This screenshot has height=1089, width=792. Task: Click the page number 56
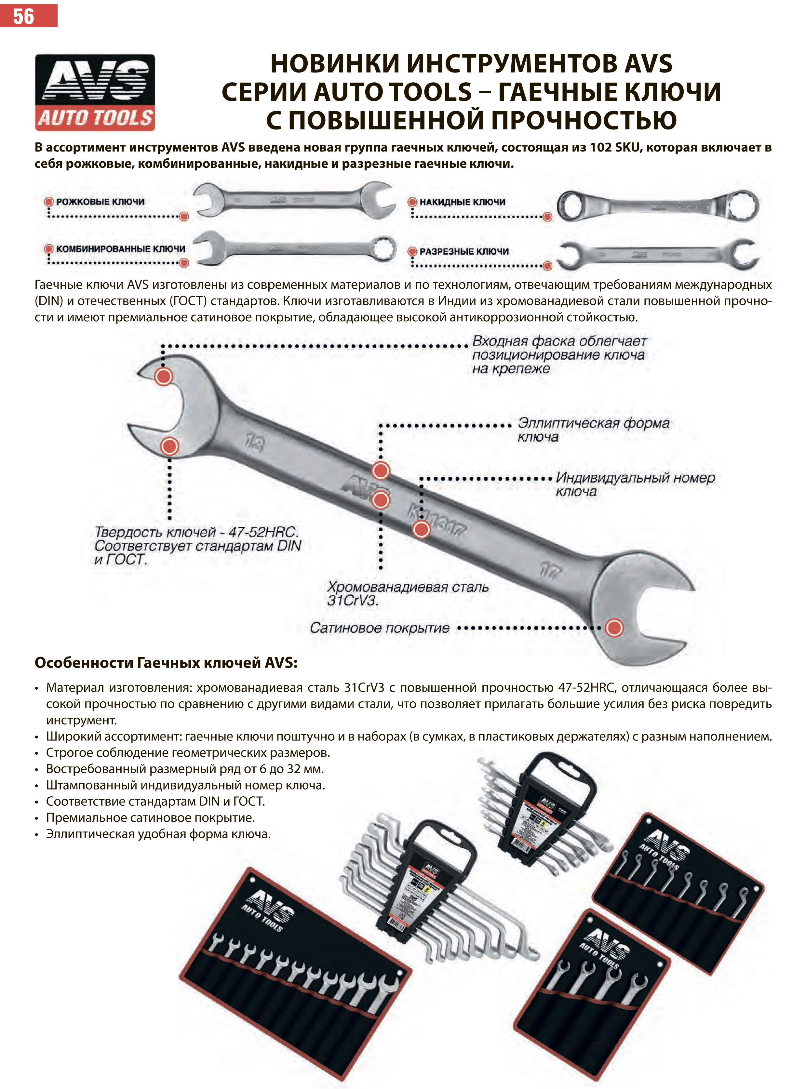tap(23, 16)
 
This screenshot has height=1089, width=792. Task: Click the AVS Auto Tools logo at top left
tap(95, 92)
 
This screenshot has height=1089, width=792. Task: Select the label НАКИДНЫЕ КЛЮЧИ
tap(462, 202)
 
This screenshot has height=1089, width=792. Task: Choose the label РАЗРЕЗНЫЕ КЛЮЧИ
tap(463, 251)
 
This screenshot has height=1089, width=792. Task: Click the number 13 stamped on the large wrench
tap(255, 442)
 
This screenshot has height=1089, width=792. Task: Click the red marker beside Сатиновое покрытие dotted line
tap(614, 628)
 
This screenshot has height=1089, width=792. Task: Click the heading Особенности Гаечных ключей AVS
tap(166, 663)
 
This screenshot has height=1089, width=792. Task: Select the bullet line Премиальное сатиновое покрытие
tap(150, 818)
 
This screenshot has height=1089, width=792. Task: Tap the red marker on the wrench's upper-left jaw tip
tap(163, 377)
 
